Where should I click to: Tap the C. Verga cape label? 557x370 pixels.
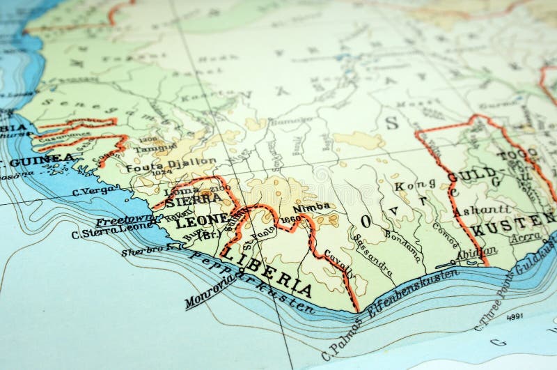pos(93,190)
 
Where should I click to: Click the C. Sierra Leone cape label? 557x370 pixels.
pos(112,231)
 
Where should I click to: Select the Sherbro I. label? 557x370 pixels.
pos(143,249)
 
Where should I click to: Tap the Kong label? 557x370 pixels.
pos(409,185)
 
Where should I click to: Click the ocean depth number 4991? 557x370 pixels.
pos(513,315)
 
